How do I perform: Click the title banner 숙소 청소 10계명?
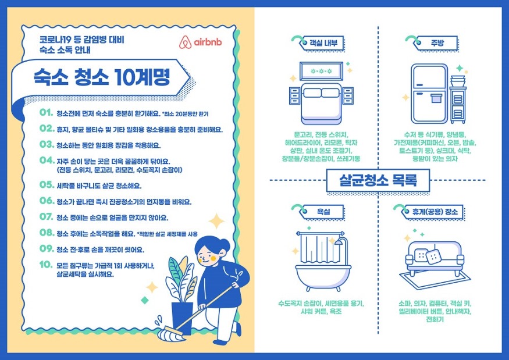101,77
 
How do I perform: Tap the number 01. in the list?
46,113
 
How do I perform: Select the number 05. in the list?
46,186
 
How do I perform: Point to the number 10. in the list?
46,266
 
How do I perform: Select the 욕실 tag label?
323,212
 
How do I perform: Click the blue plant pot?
181,318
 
